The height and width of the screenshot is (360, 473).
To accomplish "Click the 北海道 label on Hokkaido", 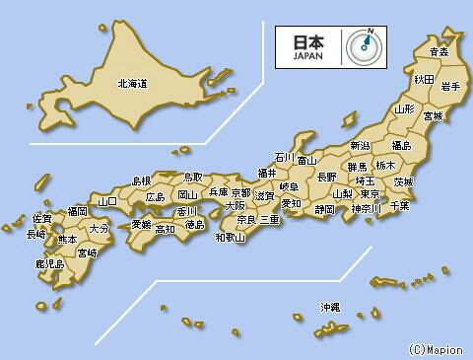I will pos(131,85).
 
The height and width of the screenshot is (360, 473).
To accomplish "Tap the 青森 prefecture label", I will pos(439,51).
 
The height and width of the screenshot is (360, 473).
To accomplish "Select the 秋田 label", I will pos(424,79).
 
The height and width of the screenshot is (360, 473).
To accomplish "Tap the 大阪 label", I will pos(236,207).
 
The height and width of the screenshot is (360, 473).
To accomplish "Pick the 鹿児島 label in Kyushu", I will pos(49,264).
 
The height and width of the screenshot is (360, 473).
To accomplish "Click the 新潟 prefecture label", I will pos(360,147).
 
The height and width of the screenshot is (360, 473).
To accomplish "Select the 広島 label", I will pos(156,197).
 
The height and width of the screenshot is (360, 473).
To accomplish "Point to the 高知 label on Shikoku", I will pos(165,229).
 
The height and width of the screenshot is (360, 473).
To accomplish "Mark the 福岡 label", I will pos(77,211).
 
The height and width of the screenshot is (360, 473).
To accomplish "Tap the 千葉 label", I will pos(399,206).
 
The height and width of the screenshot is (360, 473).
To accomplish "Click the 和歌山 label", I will pos(231,237).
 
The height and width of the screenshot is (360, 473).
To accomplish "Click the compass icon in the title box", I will pos(365,45).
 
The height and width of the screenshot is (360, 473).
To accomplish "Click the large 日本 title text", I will pos(307,42).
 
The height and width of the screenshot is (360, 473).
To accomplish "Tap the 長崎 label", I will pos(35,235).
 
